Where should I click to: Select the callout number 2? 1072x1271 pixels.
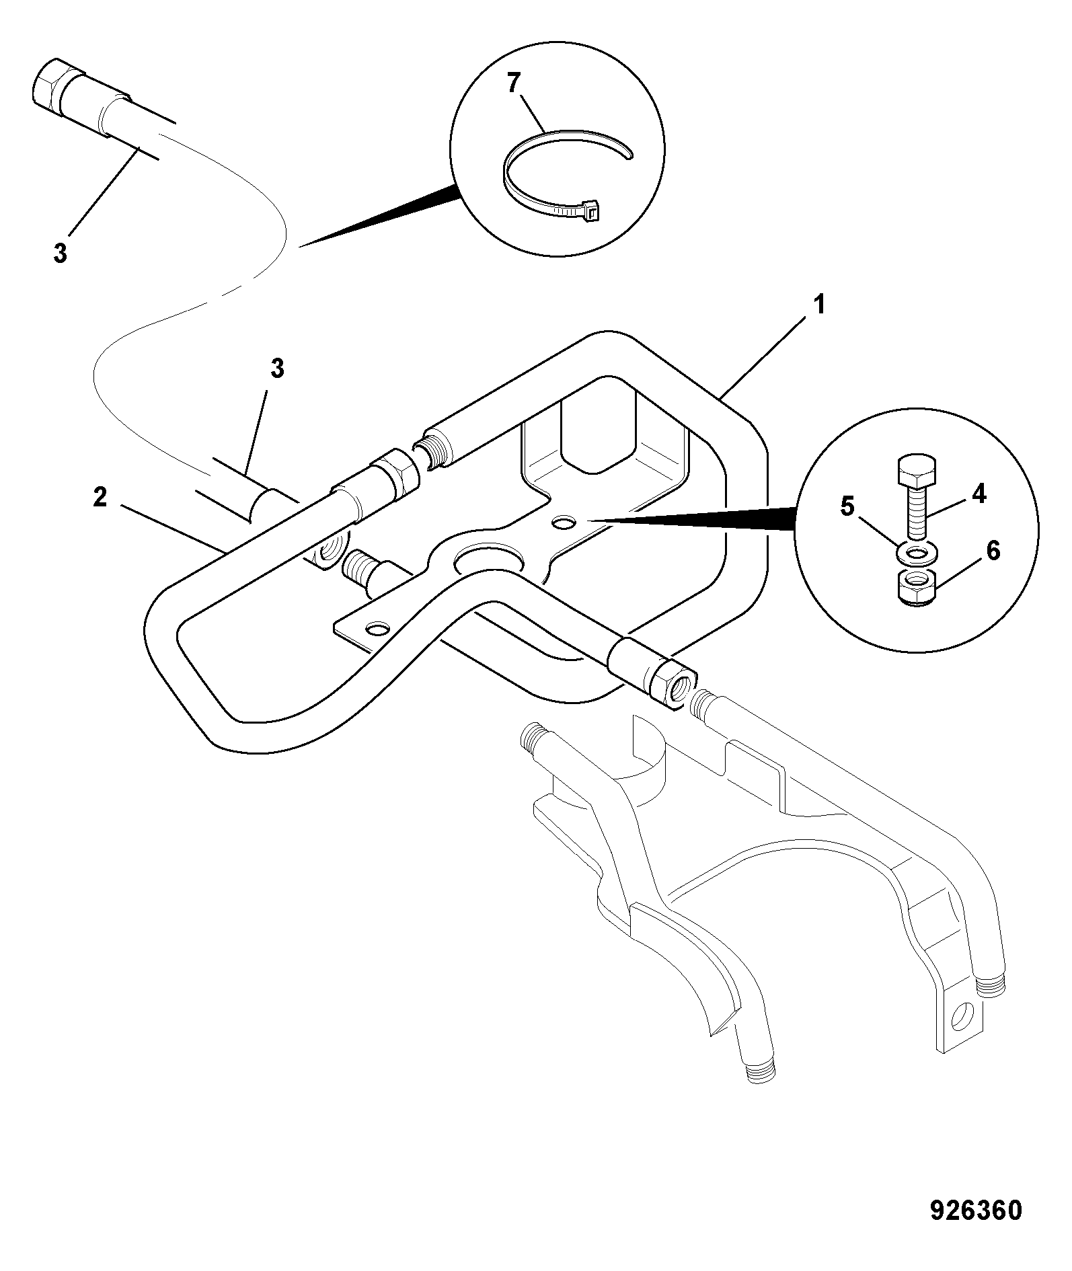click(100, 498)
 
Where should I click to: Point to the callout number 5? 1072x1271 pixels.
click(847, 506)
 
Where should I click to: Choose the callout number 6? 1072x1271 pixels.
click(993, 551)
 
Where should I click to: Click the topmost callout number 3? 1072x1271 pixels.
click(61, 254)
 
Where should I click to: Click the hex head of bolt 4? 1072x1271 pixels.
click(916, 471)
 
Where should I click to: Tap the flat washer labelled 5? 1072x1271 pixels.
click(915, 554)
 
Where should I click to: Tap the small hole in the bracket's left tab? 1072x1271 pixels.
click(377, 629)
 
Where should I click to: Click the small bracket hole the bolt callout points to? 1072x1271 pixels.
click(564, 521)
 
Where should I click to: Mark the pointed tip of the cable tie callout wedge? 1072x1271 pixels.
click(299, 246)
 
